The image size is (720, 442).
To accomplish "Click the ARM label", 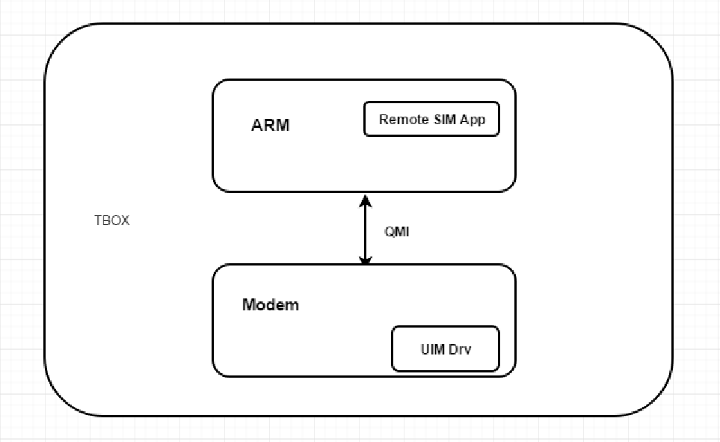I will (x=270, y=125).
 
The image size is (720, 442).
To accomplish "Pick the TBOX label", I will (x=111, y=221).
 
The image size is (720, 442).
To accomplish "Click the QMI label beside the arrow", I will (x=397, y=232).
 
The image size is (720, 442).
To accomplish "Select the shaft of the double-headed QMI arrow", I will (x=365, y=230).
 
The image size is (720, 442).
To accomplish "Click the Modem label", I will (x=270, y=304).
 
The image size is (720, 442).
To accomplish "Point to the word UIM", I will (x=432, y=349).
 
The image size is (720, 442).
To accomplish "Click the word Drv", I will (x=460, y=349).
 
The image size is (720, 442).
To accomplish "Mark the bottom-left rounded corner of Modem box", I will (x=218, y=371).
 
